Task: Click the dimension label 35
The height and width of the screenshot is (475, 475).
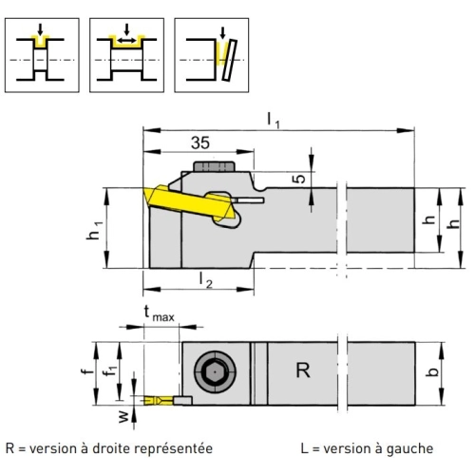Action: tap(200, 142)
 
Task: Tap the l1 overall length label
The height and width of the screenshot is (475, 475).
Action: tap(274, 121)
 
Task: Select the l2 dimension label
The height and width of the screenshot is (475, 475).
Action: tap(205, 280)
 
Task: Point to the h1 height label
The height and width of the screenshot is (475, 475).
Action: tap(95, 231)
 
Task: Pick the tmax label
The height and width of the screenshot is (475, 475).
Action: tap(159, 313)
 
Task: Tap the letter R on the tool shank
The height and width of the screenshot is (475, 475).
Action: tap(303, 370)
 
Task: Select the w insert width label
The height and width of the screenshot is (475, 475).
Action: tap(124, 416)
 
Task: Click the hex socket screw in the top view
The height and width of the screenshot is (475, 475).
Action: tap(215, 371)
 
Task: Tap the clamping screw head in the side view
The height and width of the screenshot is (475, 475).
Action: tap(214, 166)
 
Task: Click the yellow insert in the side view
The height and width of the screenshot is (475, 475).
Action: tap(191, 202)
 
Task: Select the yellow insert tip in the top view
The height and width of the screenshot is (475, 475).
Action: tap(159, 401)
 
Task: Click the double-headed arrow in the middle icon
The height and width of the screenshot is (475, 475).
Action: tap(126, 41)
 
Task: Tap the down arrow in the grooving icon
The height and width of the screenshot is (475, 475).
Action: tap(40, 29)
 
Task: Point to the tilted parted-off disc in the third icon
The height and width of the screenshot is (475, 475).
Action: tap(230, 60)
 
